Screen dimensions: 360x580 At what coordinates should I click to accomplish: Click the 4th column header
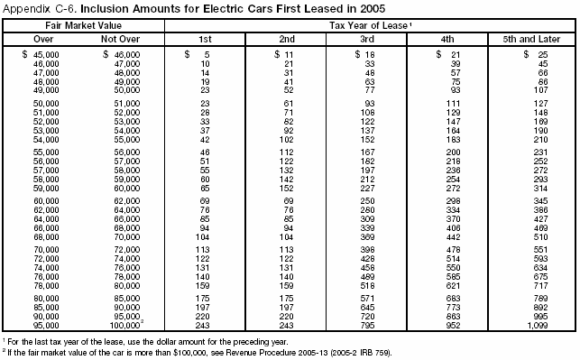(447, 41)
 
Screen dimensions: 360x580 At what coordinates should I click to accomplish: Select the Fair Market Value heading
(84, 29)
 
